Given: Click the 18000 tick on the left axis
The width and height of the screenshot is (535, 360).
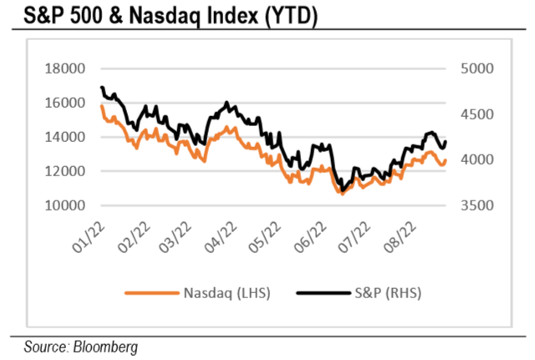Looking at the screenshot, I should pyautogui.click(x=68, y=68).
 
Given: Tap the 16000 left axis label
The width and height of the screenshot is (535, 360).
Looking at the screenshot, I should pyautogui.click(x=68, y=103).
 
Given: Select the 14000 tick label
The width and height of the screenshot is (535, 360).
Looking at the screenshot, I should pyautogui.click(x=68, y=137).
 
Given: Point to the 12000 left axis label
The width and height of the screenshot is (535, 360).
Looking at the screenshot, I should pyautogui.click(x=68, y=171).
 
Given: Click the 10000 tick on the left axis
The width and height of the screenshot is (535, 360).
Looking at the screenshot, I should pyautogui.click(x=68, y=205).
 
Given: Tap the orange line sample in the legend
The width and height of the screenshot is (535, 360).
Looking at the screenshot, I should pyautogui.click(x=149, y=293).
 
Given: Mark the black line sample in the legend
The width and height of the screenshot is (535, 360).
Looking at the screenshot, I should pyautogui.click(x=320, y=293).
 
